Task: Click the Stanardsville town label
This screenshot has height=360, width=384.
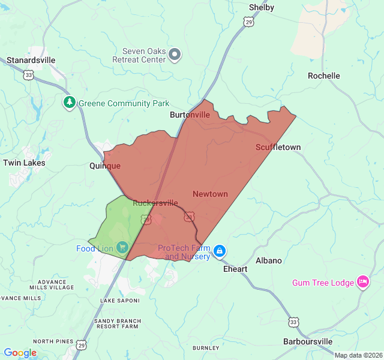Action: (x=31, y=60)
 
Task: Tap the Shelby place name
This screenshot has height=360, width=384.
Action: (x=261, y=7)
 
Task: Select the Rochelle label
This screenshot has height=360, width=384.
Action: (x=323, y=76)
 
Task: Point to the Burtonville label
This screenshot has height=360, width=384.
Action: (x=190, y=115)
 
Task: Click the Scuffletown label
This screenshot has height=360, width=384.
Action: (x=278, y=147)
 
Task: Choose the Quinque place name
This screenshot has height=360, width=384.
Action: (x=105, y=166)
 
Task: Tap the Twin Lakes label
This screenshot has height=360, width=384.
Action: (x=24, y=163)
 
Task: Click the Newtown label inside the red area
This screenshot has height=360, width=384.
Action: (x=210, y=194)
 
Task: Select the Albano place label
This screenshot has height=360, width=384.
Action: (x=268, y=260)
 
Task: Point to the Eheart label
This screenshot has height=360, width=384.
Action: (x=235, y=269)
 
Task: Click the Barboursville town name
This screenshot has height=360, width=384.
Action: (x=307, y=341)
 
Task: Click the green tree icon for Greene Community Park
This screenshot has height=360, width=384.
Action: (x=70, y=103)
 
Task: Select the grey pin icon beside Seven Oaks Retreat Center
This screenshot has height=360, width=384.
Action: (x=175, y=55)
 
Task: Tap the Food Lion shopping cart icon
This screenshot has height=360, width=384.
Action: (x=122, y=247)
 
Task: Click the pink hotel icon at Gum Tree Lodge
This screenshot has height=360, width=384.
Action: (x=362, y=281)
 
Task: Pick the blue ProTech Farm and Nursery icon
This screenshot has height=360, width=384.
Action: (x=220, y=250)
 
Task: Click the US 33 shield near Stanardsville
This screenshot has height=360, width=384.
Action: (x=28, y=74)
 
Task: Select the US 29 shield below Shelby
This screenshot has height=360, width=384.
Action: (x=248, y=22)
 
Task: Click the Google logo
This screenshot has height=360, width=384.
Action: (x=20, y=353)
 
